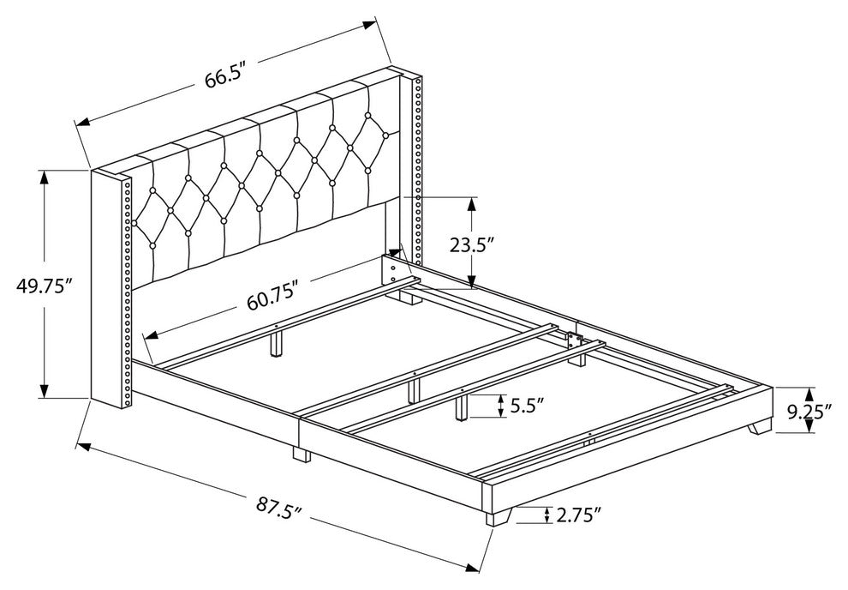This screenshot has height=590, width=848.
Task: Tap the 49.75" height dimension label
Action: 45,286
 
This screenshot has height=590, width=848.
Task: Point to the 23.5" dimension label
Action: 472,244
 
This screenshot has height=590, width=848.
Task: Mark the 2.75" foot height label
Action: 579,515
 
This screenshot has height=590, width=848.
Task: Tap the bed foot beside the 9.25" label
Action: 760,426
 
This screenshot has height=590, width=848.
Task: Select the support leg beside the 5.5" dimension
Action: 462,407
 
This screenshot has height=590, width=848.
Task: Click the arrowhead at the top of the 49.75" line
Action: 44,176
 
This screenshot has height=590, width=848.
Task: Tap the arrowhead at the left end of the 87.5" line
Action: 83,446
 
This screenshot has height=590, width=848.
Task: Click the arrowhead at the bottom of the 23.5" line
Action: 472,282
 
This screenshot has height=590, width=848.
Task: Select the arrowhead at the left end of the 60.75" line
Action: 151,334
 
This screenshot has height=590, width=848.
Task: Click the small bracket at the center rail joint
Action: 573,340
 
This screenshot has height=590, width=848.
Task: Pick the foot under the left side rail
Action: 302,454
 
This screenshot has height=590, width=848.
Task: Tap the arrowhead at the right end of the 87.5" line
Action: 473,566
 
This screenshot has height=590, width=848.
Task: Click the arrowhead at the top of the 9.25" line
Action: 809,393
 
